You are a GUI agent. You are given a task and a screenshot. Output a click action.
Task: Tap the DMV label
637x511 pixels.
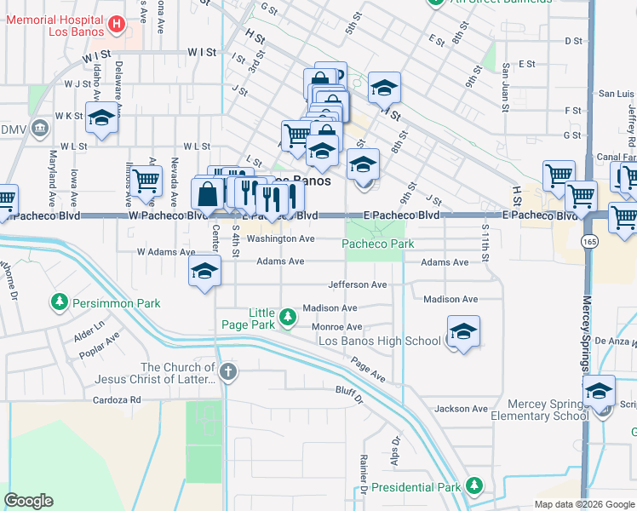(x=13, y=129)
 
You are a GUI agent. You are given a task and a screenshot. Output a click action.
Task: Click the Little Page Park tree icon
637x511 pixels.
(x=288, y=318)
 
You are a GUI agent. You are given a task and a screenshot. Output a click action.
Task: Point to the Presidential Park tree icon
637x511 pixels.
(x=473, y=486)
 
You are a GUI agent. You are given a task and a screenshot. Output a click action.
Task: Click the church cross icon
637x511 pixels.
(x=227, y=371)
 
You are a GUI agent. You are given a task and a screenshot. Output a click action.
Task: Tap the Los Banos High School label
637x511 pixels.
(x=379, y=342)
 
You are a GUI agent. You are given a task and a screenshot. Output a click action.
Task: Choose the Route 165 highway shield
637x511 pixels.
(x=589, y=243)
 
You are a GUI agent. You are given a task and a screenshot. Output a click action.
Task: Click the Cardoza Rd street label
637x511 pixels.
(x=118, y=399)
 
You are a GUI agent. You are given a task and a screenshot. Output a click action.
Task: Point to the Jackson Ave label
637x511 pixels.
(x=461, y=409)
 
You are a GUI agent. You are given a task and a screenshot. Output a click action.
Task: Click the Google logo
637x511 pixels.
(x=28, y=501)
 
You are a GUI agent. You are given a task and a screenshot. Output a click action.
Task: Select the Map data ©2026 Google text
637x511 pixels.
(x=583, y=504)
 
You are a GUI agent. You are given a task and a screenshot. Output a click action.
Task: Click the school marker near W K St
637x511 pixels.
(x=101, y=120)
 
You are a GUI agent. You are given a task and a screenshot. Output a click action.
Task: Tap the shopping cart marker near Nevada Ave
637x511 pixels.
(x=146, y=180)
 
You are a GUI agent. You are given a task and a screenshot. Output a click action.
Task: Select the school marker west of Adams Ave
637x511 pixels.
(x=204, y=272)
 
